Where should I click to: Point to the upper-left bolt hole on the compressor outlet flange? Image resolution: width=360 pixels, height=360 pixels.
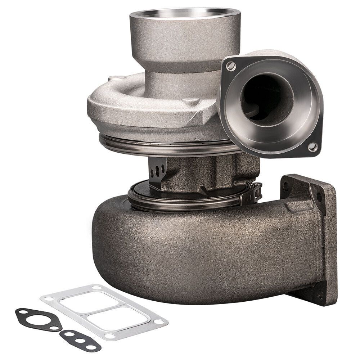pos(231,66)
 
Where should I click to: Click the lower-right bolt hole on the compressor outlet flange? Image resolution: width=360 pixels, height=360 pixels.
pos(312,147)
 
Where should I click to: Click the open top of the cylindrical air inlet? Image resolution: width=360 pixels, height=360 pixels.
pos(184,14)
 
